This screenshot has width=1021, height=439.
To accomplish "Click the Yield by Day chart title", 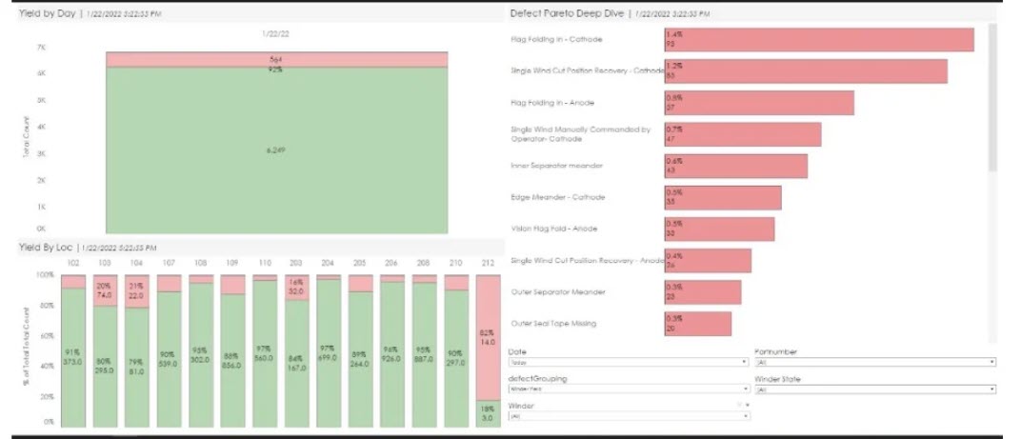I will coord(48,13).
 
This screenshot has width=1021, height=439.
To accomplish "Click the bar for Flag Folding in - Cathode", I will coord(818,39).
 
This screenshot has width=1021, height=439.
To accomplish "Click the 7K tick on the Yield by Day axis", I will coord(41,47).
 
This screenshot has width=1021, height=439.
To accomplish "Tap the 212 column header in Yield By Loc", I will coord(489,262).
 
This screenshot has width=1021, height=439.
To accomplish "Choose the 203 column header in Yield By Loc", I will coord(296,262).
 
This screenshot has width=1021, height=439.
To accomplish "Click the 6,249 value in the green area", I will coord(274,150).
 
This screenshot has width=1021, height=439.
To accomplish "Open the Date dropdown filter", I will coord(628,363).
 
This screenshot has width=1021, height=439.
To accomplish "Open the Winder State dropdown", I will coord(874,389).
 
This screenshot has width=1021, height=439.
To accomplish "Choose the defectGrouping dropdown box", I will coord(628,389).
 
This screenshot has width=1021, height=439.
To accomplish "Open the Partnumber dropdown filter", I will coord(874,363).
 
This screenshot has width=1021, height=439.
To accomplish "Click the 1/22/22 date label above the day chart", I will coord(275,33).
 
